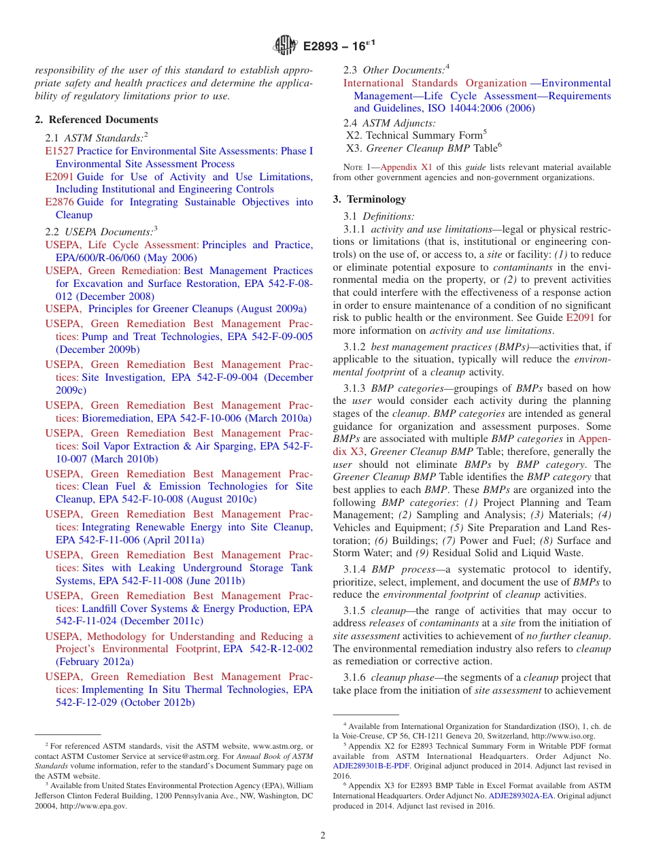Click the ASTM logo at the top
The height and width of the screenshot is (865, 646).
point(285,46)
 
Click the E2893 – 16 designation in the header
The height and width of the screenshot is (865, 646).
point(339,47)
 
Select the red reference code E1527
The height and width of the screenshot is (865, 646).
point(59,151)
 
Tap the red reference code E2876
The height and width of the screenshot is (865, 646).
point(59,202)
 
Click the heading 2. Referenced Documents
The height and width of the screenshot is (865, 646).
point(96,120)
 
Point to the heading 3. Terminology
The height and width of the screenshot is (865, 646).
point(369,199)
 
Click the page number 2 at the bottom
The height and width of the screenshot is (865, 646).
point(323,835)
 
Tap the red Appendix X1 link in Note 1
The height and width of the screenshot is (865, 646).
point(406,167)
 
